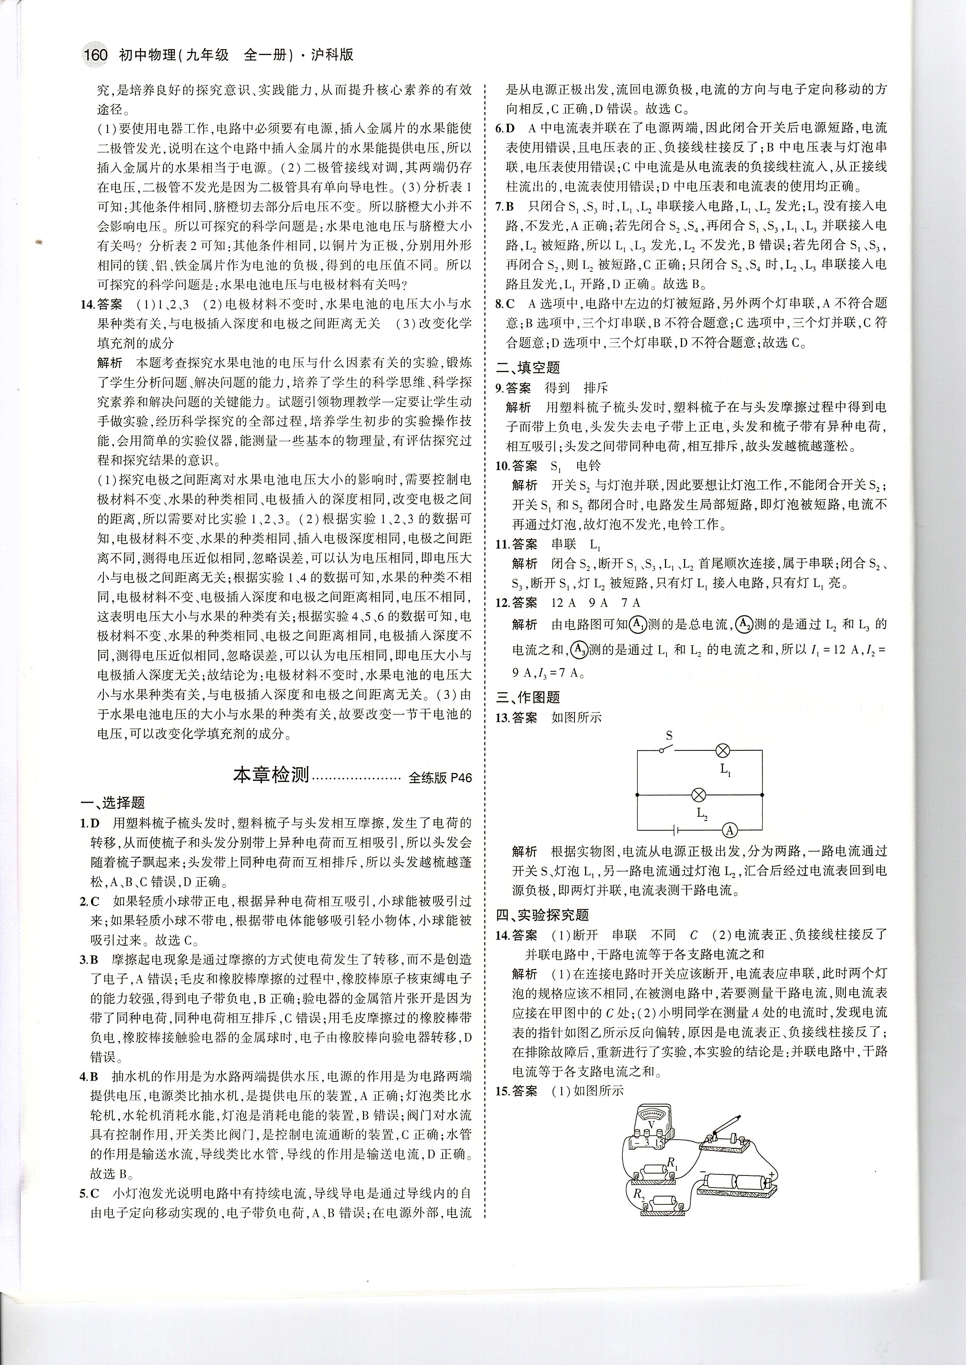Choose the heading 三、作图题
528,697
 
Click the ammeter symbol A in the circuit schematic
730,830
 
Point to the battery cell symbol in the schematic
676,830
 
